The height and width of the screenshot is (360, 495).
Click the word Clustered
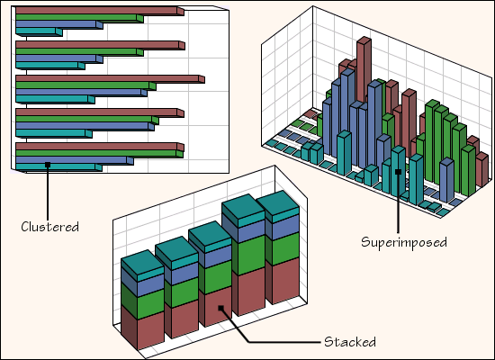49,227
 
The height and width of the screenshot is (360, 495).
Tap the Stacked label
350,342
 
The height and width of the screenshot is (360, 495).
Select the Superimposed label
404,242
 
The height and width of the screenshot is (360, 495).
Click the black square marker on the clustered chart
48,165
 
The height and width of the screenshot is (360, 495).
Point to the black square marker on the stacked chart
221,308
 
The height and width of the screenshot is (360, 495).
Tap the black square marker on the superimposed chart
399,172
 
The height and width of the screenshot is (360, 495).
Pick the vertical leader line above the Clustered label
48,193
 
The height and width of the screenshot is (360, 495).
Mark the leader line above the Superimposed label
399,203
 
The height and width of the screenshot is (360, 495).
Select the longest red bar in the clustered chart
110,79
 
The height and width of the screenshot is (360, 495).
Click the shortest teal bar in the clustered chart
39,31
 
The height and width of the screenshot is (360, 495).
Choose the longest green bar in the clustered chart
99,154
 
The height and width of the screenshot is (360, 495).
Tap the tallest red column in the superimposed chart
364,69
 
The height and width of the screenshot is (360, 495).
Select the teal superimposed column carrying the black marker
398,172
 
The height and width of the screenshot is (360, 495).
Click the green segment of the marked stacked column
215,277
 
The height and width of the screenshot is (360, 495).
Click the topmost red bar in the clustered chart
100,11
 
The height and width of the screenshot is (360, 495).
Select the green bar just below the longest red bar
85,85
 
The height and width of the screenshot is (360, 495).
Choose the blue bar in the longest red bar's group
81,93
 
